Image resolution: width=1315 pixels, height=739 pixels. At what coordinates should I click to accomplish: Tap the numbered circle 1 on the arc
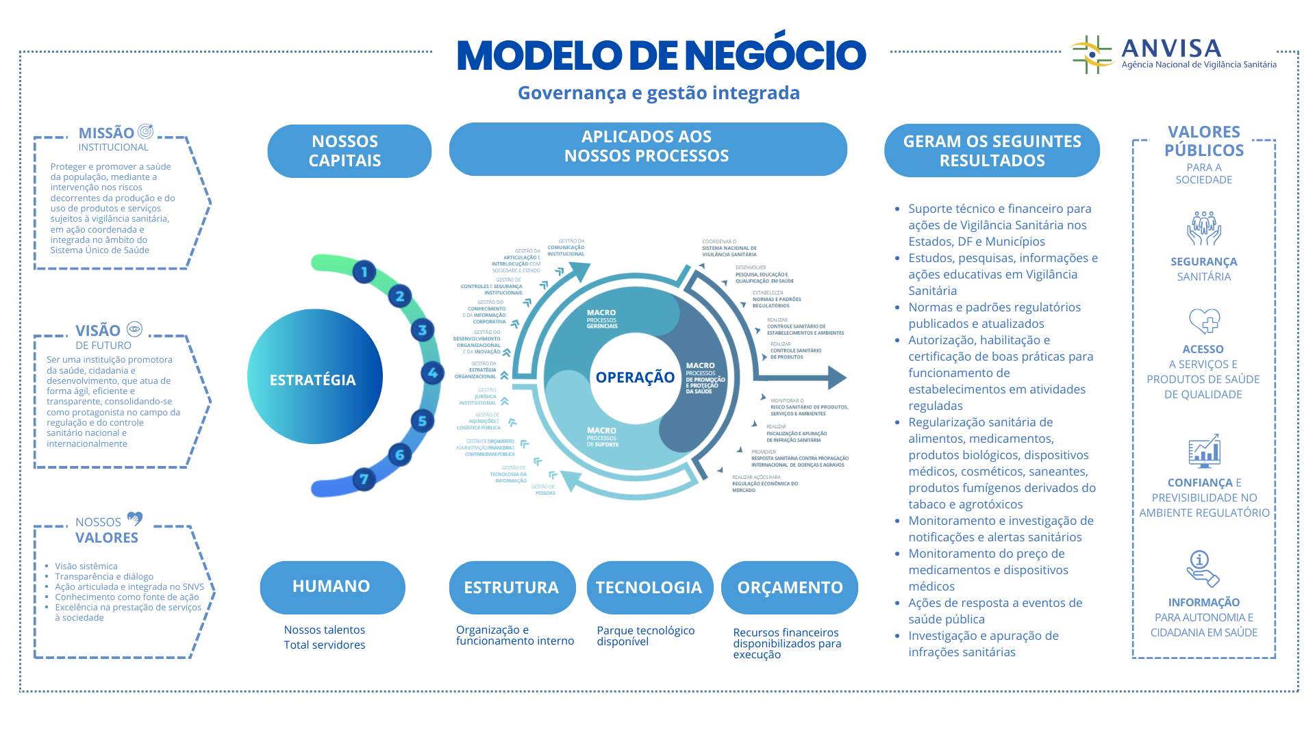(x=364, y=272)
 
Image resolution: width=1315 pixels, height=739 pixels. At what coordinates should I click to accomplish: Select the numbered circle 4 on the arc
(x=432, y=373)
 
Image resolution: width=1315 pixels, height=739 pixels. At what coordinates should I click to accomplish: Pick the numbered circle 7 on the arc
(x=364, y=479)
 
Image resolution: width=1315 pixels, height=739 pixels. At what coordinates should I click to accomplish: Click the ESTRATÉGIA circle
(x=314, y=377)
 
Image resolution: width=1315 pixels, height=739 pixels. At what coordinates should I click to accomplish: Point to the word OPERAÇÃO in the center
(x=635, y=377)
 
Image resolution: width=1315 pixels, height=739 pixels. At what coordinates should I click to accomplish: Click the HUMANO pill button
(x=332, y=587)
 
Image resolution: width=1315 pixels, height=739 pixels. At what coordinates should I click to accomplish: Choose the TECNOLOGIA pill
(x=649, y=588)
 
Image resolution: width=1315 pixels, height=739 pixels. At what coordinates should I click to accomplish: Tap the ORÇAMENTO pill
(x=790, y=588)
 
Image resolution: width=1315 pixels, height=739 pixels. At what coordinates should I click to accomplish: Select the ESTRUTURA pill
(x=512, y=588)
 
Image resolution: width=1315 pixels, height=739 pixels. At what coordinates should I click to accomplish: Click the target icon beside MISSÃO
(x=145, y=131)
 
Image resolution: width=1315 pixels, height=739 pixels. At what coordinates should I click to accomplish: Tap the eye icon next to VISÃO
(x=135, y=329)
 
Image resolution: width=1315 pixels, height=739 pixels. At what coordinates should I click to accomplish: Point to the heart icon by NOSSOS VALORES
(x=135, y=519)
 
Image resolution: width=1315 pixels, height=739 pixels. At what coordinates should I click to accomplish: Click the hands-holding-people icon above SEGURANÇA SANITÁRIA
(x=1203, y=229)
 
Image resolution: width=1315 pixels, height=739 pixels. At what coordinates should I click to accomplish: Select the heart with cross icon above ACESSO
(x=1204, y=321)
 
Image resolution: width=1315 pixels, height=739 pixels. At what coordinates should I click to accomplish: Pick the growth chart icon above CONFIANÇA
(x=1204, y=451)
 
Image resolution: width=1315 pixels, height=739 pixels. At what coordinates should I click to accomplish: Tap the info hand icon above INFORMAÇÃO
(x=1203, y=569)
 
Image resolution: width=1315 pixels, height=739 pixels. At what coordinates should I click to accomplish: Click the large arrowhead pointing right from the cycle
(x=836, y=377)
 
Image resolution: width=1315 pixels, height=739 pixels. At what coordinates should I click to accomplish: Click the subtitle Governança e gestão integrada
(x=658, y=93)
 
